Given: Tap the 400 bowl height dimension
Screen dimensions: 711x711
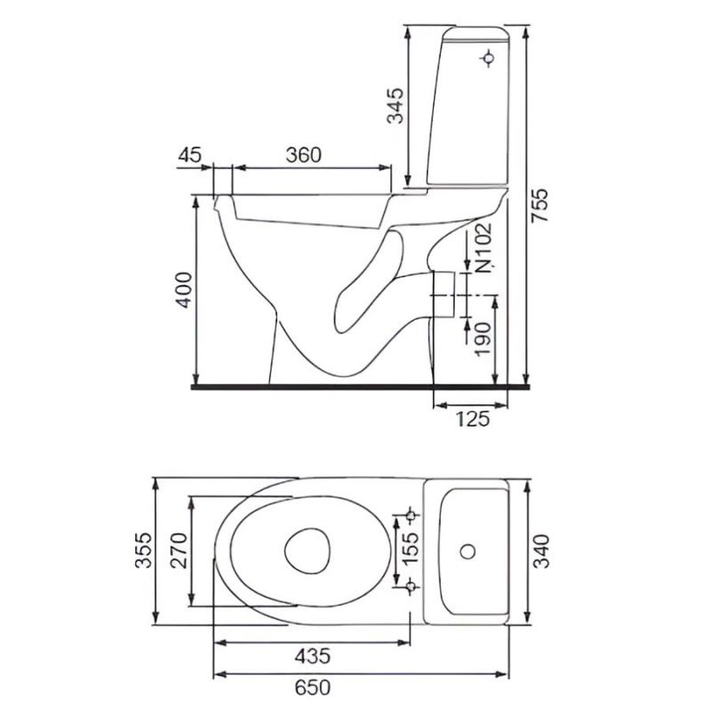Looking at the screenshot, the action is click(x=184, y=291).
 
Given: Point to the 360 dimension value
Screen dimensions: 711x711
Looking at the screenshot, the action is click(x=303, y=155).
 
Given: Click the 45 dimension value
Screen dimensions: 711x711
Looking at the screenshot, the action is click(x=189, y=155).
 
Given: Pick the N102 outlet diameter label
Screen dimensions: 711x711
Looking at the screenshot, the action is click(x=483, y=248).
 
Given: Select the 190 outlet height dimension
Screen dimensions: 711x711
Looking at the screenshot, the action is click(x=483, y=340).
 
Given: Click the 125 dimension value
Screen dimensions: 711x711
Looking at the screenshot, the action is click(x=473, y=419).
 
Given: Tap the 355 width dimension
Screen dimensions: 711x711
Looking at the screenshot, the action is click(x=143, y=550).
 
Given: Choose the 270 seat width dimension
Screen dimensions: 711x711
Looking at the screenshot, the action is click(x=179, y=550).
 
